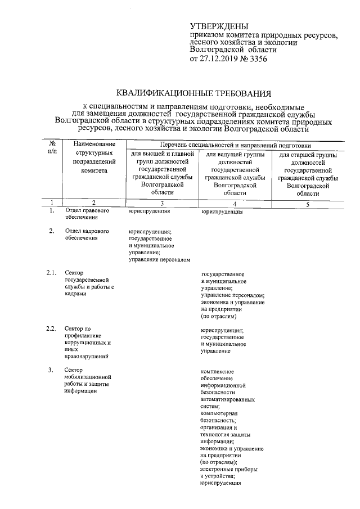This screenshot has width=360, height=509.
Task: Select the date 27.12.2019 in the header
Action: [x=220, y=58]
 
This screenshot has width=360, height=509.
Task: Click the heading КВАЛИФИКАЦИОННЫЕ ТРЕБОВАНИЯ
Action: [x=193, y=93]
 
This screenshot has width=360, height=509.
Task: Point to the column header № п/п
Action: [x=52, y=148]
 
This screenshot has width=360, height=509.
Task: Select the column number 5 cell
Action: [x=307, y=204]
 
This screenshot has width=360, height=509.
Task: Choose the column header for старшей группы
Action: [x=308, y=173]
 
